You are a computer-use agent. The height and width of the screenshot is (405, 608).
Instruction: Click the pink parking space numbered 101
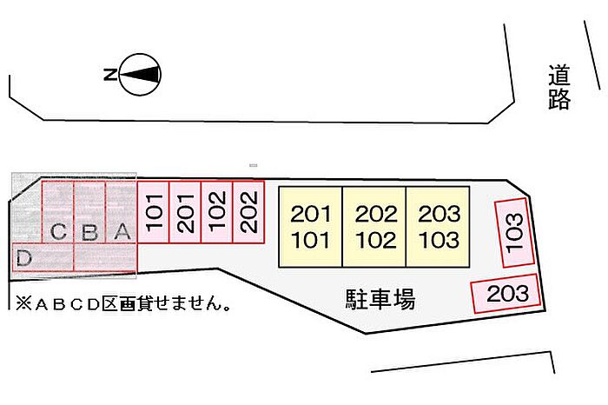[x=154, y=211]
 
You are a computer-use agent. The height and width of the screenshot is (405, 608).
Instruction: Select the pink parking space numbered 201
[x=185, y=211]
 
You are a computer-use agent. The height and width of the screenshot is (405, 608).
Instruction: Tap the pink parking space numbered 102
[x=217, y=211]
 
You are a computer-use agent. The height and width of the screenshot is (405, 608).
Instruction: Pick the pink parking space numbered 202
[x=248, y=211]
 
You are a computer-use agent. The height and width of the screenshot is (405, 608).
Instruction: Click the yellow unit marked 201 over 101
[x=310, y=226]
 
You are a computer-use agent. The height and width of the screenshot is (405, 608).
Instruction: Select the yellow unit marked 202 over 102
[x=374, y=226]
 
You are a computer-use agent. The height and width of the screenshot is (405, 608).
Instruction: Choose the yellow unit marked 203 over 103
[x=438, y=226]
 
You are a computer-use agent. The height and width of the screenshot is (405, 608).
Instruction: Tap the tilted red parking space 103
[x=514, y=233]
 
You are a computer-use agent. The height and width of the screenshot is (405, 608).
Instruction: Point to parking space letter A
[x=122, y=232]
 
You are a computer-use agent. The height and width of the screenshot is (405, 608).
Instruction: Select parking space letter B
[x=89, y=233]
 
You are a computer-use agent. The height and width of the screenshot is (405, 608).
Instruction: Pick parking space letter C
[x=58, y=233]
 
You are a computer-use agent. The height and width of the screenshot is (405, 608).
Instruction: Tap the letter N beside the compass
[x=110, y=75]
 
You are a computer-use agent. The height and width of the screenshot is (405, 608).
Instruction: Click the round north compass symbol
[x=141, y=75]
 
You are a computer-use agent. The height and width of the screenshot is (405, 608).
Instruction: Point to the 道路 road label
[x=558, y=89]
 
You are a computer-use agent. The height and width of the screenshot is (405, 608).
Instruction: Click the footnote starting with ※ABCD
[x=122, y=305]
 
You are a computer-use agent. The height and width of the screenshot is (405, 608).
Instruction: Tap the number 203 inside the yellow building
[x=438, y=214]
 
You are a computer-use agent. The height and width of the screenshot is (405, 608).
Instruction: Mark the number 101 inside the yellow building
[x=310, y=239]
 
